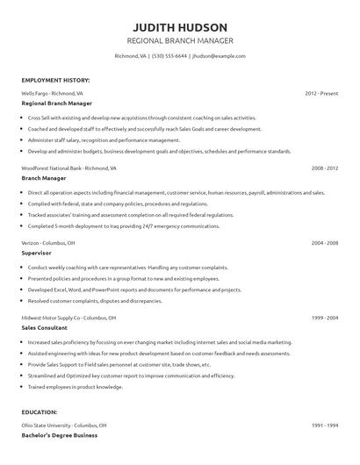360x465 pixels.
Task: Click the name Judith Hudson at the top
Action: [179, 27]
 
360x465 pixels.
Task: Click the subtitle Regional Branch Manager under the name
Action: [179, 41]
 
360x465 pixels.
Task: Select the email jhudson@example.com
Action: [218, 56]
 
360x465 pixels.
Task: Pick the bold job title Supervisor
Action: [37, 252]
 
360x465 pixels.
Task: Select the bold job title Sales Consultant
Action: [46, 326]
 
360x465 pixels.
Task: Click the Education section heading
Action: [40, 411]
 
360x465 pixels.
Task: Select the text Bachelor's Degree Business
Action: [59, 435]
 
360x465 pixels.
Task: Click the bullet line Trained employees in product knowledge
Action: [76, 387]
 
